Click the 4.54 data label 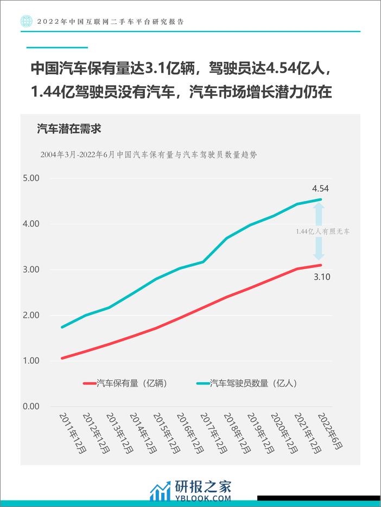tap(320, 189)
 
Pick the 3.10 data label tap(321, 277)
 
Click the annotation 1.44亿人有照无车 tap(323, 232)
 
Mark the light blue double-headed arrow tap(319, 232)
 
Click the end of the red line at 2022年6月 tap(321, 265)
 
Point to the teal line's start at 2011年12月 tap(62, 327)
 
